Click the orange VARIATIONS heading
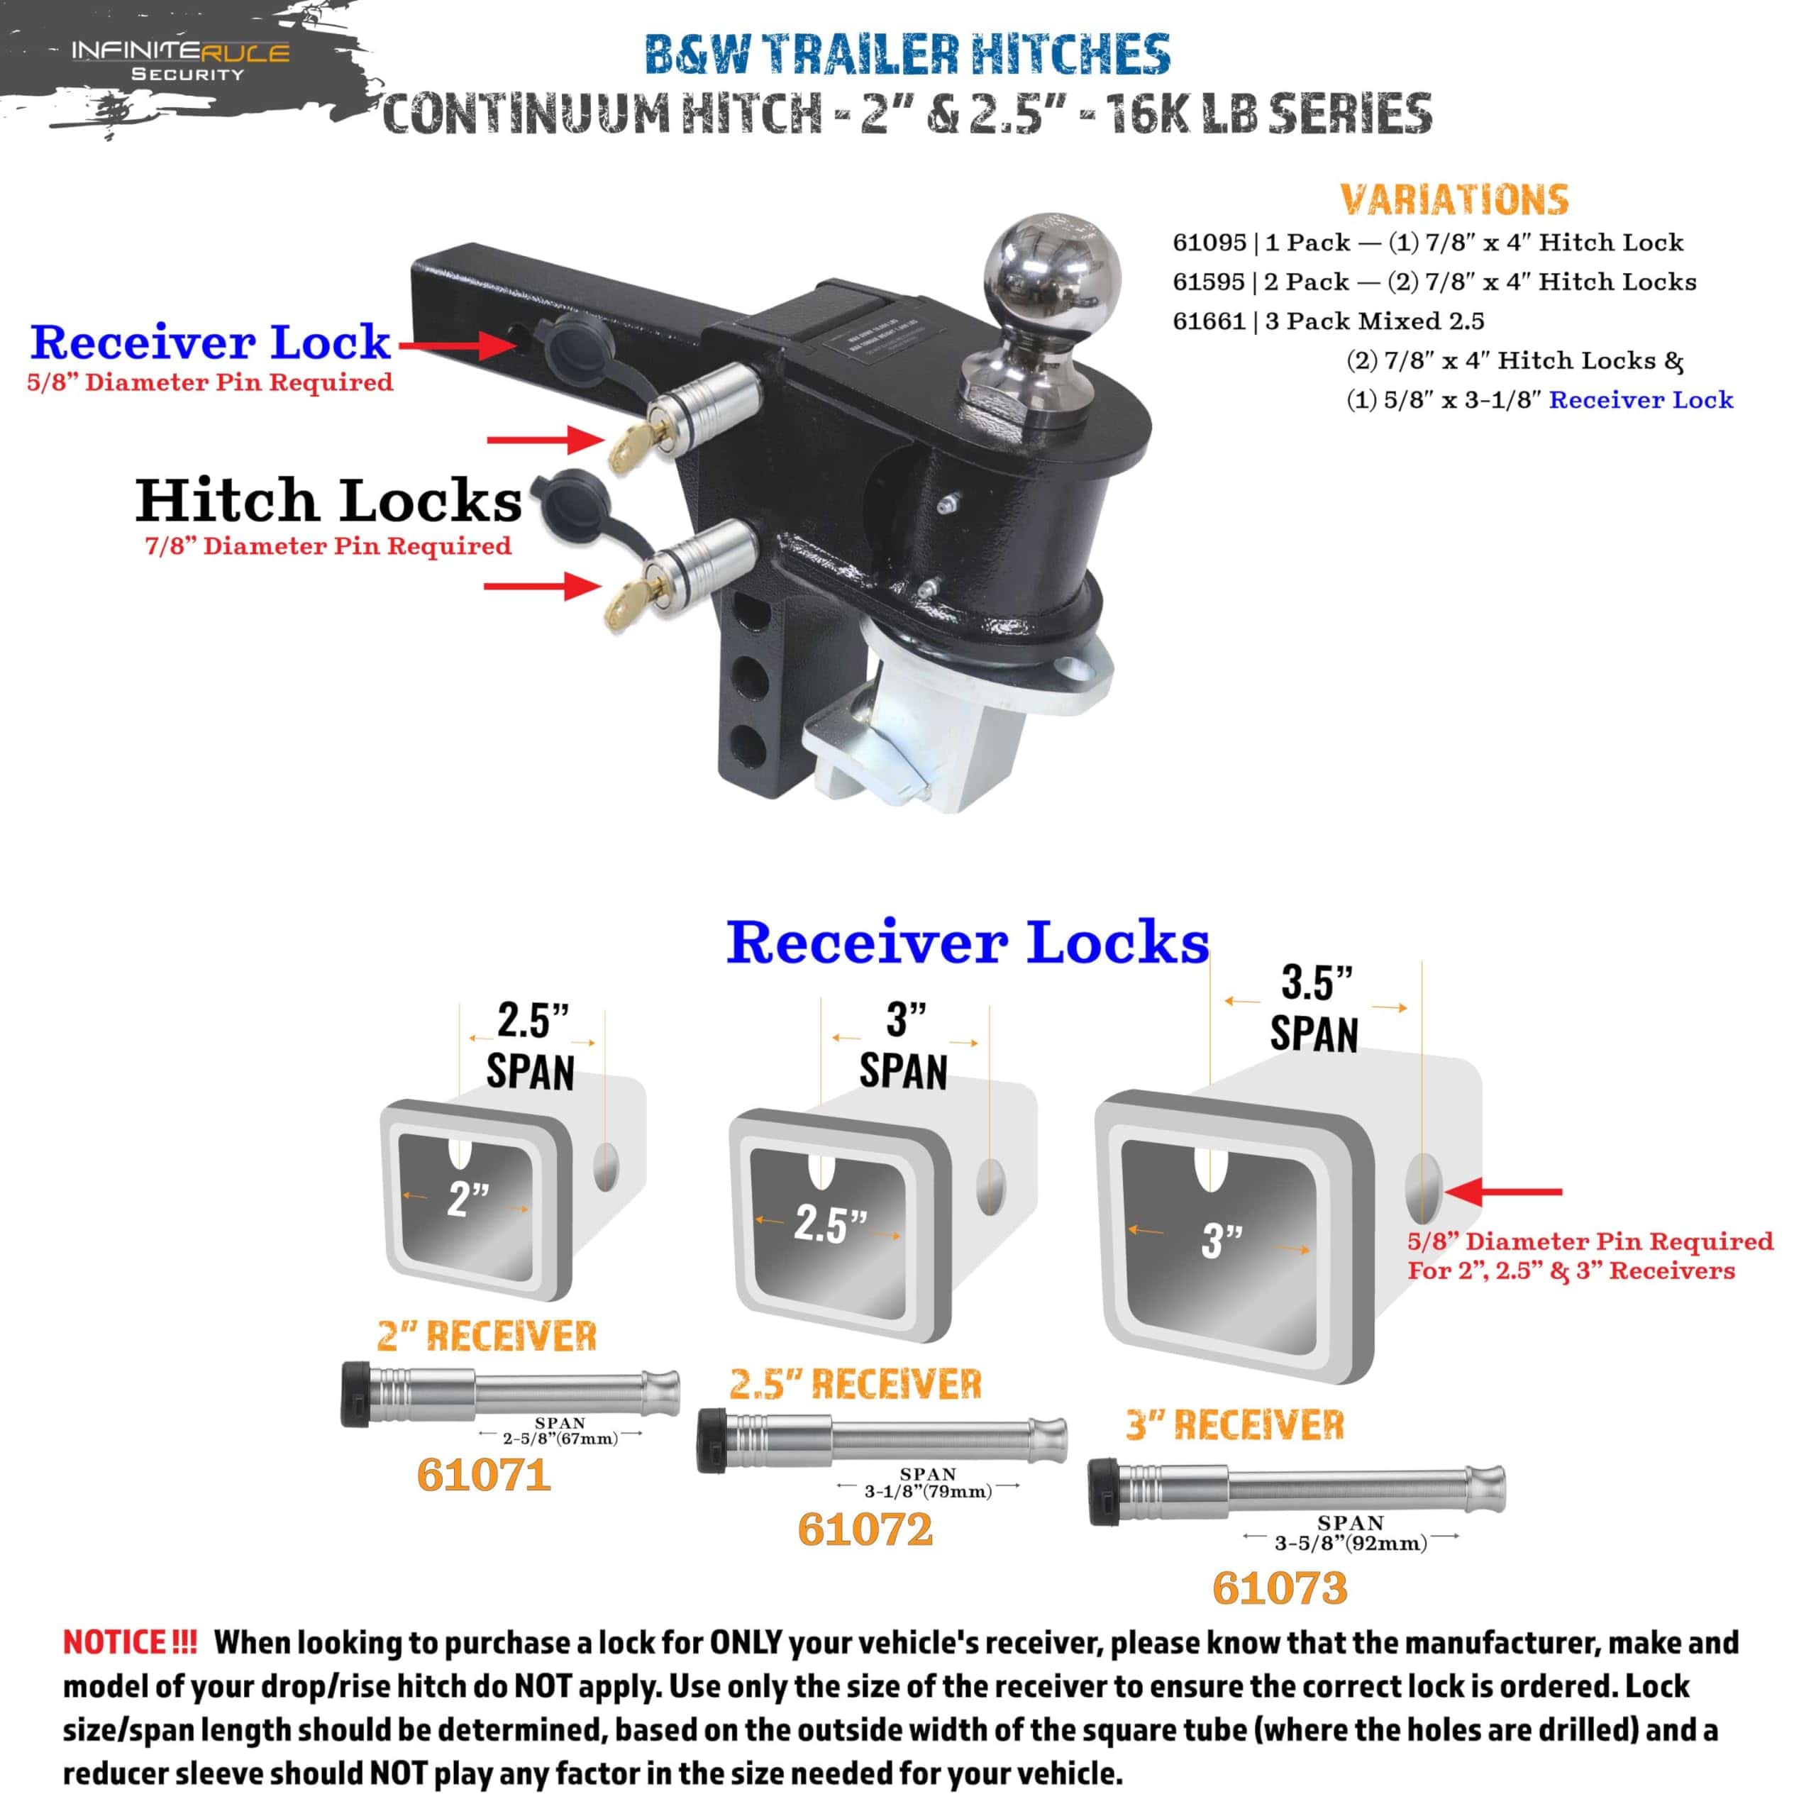coord(1454,199)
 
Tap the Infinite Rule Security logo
coord(180,61)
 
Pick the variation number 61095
coord(1209,243)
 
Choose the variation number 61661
coord(1209,321)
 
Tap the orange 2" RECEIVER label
coord(486,1336)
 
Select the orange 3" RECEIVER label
coord(1235,1425)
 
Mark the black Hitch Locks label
coord(328,500)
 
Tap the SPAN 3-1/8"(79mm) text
coord(928,1483)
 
